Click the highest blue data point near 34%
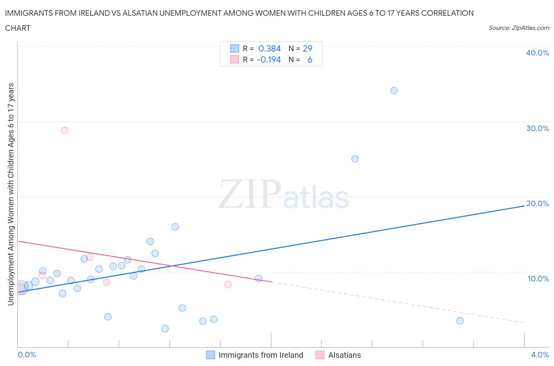(394, 91)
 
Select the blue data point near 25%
(355, 159)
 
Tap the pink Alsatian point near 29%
(64, 130)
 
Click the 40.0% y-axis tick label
(537, 53)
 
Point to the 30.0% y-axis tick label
(537, 128)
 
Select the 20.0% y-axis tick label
(537, 203)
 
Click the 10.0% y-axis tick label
(538, 279)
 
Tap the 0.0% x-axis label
(27, 355)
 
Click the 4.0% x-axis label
(540, 355)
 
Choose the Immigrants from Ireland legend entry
(260, 355)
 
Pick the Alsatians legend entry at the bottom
(344, 355)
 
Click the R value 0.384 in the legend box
(270, 48)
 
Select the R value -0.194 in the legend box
(268, 59)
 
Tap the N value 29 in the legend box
(307, 48)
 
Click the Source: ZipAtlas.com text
(519, 28)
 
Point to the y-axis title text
(11, 194)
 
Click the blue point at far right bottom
(460, 321)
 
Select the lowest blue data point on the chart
(165, 329)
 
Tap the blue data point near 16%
(175, 227)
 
